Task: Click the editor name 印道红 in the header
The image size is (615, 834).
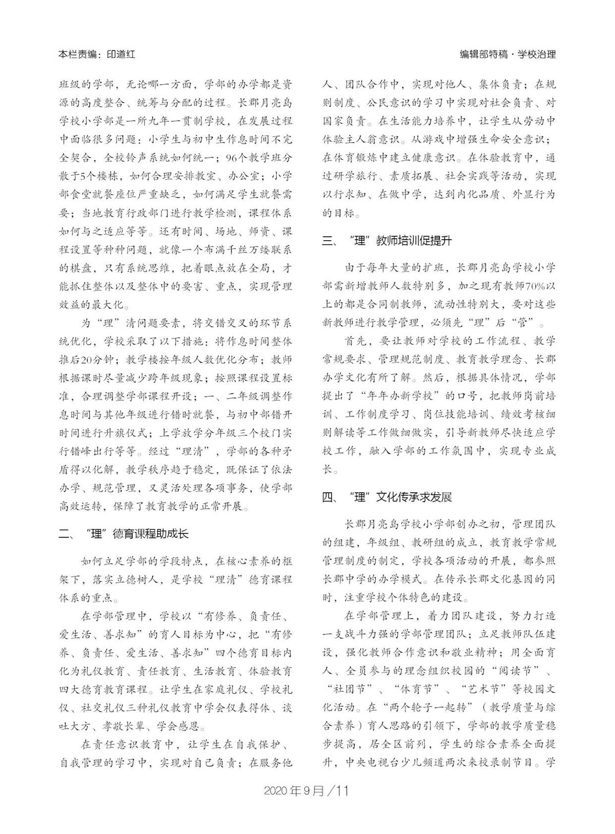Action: coord(121,54)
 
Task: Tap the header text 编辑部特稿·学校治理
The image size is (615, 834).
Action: coord(507,54)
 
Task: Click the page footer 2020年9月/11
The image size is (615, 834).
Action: coord(306,790)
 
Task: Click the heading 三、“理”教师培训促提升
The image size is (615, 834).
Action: coord(387,241)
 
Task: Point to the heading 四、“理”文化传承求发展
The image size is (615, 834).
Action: coord(387,497)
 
